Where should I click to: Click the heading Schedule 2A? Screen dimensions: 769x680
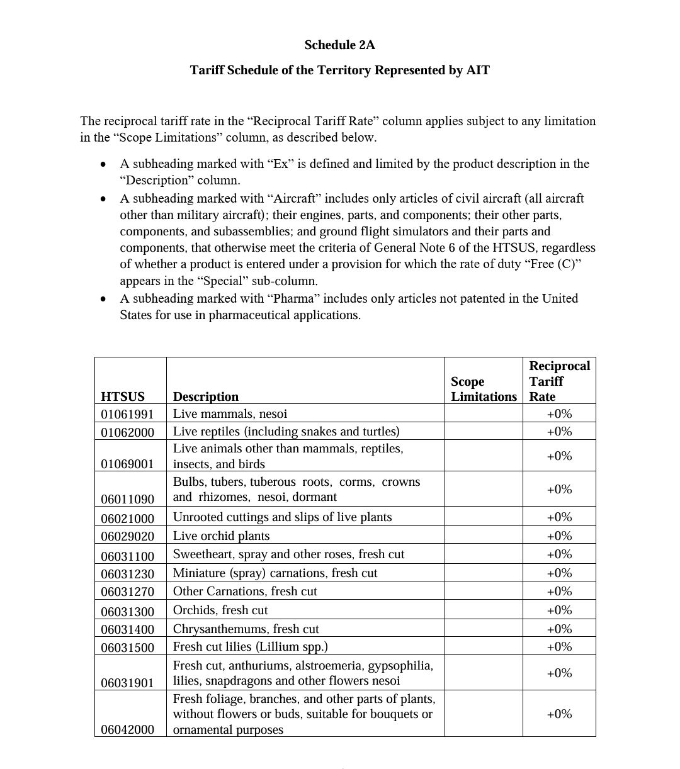[x=339, y=45]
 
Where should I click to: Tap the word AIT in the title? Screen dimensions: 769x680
[x=477, y=70]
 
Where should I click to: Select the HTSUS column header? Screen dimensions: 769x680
[x=123, y=396]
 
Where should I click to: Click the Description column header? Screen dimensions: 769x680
[x=206, y=396]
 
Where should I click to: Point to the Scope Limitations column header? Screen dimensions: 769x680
[x=484, y=389]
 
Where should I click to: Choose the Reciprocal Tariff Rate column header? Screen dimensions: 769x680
[x=559, y=381]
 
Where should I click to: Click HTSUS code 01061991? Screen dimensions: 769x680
[x=127, y=414]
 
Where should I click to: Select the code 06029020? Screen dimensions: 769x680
[x=127, y=536]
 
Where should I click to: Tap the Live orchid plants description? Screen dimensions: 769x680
[x=221, y=536]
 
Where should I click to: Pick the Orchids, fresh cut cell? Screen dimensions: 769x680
[x=220, y=610]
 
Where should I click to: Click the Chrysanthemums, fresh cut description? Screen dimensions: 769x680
[x=246, y=629]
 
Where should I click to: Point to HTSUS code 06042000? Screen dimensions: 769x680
[x=127, y=729]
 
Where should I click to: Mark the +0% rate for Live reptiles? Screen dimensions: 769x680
[x=559, y=431]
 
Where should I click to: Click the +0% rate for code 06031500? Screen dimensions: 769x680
[x=559, y=646]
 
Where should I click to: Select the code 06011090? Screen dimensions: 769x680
[x=127, y=499]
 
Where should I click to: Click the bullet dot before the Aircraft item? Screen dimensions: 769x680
[x=103, y=199]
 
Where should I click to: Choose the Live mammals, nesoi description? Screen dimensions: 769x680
[x=230, y=413]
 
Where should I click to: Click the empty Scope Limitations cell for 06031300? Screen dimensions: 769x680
[x=483, y=610]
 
